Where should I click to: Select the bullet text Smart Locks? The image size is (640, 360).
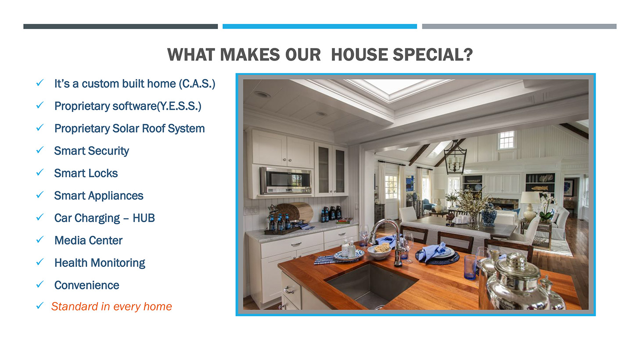(86, 173)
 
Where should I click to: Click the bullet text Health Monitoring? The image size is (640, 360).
(100, 263)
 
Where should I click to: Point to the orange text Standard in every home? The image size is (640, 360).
(111, 306)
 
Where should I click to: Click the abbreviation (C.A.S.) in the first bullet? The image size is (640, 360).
(197, 84)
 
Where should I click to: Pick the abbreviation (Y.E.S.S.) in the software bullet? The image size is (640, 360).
(179, 106)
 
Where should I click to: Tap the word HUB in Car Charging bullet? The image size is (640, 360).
(144, 218)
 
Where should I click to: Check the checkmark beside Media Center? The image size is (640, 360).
(40, 240)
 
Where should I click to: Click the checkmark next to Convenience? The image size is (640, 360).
(40, 284)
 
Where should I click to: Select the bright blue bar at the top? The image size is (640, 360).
(320, 26)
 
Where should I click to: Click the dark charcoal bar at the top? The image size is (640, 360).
(121, 26)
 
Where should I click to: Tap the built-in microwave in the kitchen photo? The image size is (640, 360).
(285, 181)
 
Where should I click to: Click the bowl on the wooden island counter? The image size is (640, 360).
(379, 252)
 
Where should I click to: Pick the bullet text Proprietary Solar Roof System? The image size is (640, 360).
(129, 129)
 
